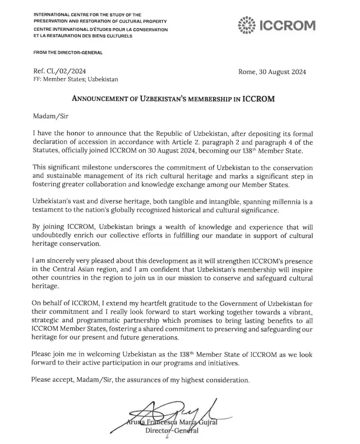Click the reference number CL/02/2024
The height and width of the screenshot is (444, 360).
pos(68,72)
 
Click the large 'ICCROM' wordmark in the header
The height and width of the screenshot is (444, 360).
pos(285,25)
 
